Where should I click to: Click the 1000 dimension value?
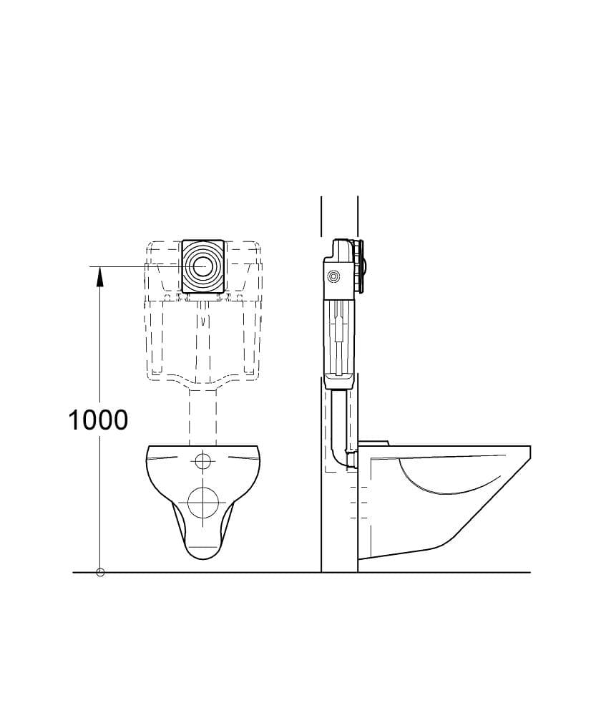pyautogui.click(x=98, y=420)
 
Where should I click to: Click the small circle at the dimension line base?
pyautogui.click(x=100, y=572)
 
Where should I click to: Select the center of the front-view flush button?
pyautogui.click(x=201, y=266)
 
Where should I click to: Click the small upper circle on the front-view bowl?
pyautogui.click(x=203, y=461)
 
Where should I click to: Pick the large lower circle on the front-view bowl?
pyautogui.click(x=203, y=503)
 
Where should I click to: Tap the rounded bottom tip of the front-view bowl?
pyautogui.click(x=203, y=558)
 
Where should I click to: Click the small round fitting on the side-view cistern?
pyautogui.click(x=335, y=276)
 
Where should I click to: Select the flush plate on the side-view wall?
pyautogui.click(x=362, y=266)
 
